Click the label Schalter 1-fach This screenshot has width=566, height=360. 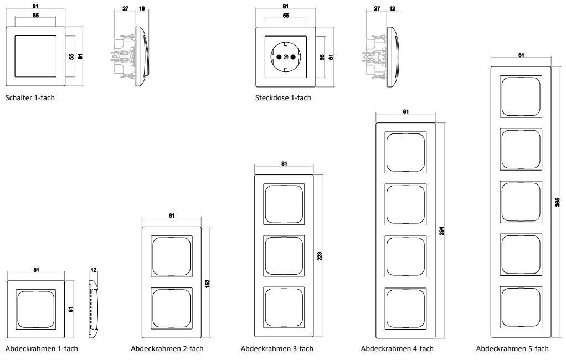tap(30, 97)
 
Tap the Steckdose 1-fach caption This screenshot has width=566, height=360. tap(283, 97)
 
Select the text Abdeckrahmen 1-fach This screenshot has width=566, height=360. tap(42, 348)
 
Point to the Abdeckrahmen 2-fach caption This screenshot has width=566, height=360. tap(167, 348)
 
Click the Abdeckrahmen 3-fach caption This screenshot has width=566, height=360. tap(277, 348)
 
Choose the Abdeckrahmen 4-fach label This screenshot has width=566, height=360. tap(397, 348)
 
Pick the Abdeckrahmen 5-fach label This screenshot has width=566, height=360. tap(512, 348)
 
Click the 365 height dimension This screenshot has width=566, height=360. tap(558, 202)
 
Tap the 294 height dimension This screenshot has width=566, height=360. tap(442, 230)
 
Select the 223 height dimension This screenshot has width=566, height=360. tap(320, 256)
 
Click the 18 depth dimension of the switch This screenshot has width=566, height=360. tap(141, 9)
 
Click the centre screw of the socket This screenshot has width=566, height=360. tap(286, 56)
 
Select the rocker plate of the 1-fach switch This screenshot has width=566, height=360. tap(34, 56)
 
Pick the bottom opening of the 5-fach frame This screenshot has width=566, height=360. tap(521, 305)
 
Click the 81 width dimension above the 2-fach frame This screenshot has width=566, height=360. tap(172, 216)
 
